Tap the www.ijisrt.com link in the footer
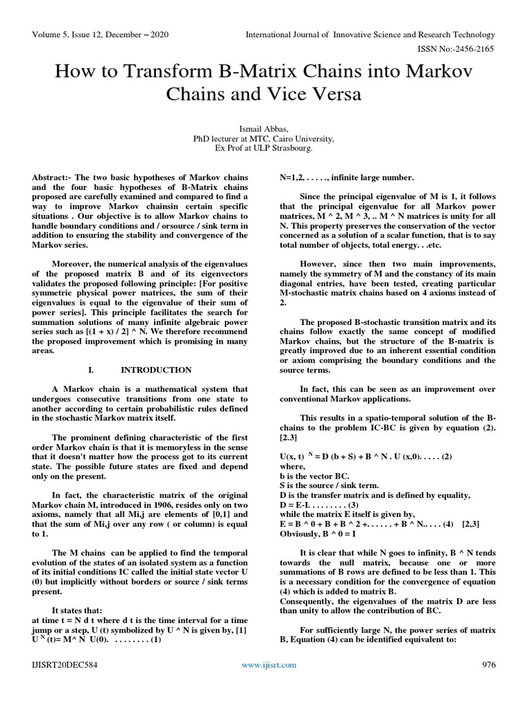(269, 664)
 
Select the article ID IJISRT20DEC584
(63, 664)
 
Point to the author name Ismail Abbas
(263, 129)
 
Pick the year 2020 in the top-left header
(159, 34)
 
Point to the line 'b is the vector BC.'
(314, 475)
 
